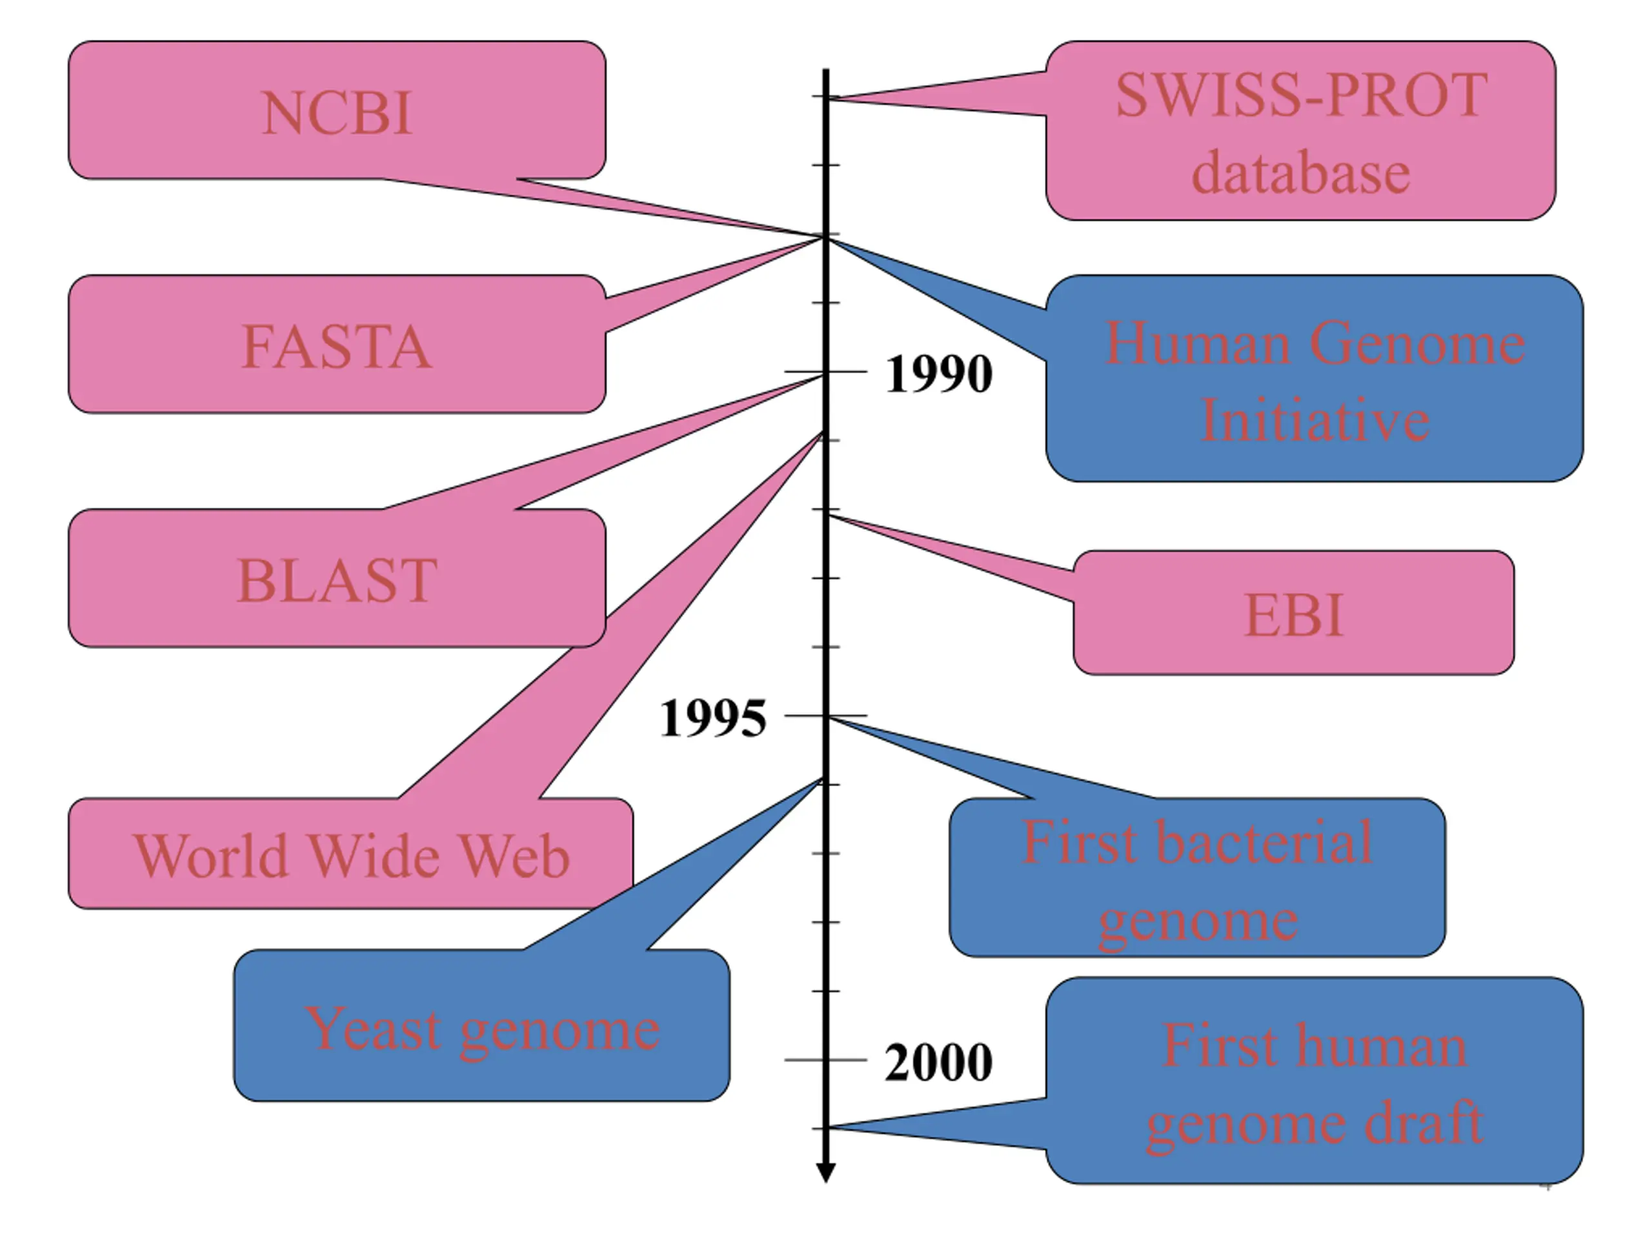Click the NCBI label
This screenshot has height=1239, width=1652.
point(337,114)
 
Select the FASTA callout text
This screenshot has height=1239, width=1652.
point(337,347)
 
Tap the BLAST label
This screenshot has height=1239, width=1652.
point(337,581)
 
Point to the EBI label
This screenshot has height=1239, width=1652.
point(1294,616)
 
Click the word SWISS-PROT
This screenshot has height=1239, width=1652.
point(1302,96)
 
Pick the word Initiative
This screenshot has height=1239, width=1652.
point(1315,421)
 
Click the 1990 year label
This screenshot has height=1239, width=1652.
point(939,374)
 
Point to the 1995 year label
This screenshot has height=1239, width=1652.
point(713,718)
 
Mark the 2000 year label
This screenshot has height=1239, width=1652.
point(939,1063)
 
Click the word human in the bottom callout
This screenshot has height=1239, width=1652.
point(1381,1045)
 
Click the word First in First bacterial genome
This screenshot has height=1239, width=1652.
point(1070,842)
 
